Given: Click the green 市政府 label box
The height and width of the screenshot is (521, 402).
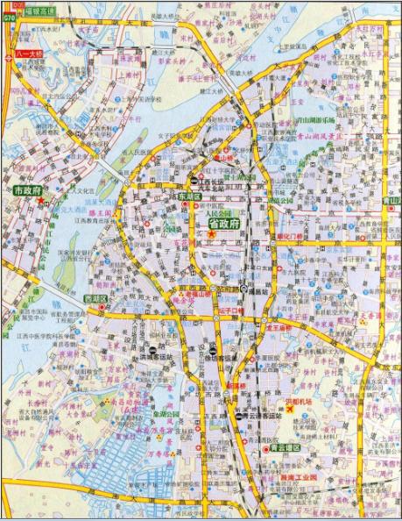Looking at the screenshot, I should point(25,190).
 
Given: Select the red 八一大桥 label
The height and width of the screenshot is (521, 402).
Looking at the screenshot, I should point(31,54).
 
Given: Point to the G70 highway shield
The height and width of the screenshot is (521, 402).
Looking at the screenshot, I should point(9,16).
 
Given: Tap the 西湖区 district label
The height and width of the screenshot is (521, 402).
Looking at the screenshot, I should point(95,300).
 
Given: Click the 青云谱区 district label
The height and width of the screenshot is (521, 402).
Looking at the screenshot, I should point(285,448).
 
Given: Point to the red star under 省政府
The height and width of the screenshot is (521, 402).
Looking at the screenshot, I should point(210,234).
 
